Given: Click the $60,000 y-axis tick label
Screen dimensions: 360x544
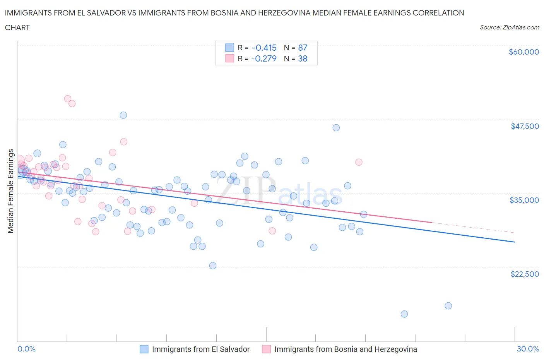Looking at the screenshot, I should [523, 52].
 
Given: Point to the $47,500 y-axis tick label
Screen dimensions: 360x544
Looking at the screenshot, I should [525, 126].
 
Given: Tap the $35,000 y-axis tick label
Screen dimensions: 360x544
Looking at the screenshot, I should [525, 200].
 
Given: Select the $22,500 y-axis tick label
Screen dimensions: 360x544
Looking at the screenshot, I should [525, 274].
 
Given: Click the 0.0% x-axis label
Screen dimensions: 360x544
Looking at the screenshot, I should [27, 349].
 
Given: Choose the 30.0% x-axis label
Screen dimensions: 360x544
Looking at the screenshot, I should [528, 349].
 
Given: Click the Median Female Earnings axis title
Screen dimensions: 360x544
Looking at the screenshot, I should [11, 191].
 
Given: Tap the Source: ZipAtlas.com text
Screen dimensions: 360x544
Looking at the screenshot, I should [509, 27].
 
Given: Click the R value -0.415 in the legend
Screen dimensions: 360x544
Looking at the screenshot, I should [264, 48].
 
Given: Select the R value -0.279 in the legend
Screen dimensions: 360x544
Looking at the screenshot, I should [264, 58].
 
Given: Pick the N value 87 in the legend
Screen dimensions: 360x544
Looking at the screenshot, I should [303, 48].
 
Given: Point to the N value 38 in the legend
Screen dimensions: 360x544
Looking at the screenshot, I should [303, 58].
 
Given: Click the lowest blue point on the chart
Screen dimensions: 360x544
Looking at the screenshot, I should [404, 314].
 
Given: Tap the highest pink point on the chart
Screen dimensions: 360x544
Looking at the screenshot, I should [68, 99].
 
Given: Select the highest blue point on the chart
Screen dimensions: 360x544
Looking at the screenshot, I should [123, 115].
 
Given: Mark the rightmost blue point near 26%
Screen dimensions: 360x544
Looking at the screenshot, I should [448, 306].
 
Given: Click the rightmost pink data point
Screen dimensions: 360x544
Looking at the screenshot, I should [359, 162].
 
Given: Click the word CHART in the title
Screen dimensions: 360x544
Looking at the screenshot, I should [17, 27].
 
